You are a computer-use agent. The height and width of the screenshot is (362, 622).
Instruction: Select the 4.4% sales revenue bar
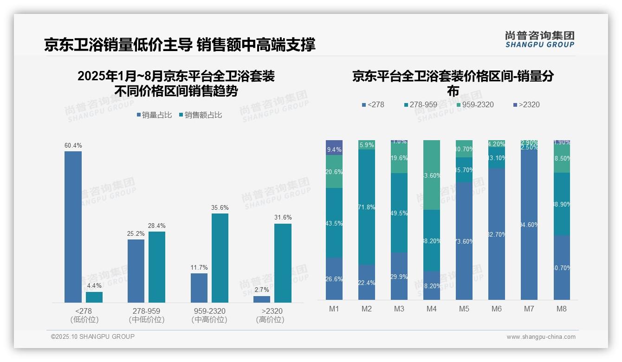94,297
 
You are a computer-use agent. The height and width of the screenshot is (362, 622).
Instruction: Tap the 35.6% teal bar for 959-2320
220,258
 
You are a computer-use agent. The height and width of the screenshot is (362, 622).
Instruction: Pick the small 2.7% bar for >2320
262,299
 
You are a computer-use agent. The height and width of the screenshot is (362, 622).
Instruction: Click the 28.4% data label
156,226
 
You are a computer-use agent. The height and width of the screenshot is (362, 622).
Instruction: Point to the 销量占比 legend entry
154,115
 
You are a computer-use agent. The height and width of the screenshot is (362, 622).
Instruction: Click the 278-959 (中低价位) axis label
146,315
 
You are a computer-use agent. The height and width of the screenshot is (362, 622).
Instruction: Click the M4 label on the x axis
431,309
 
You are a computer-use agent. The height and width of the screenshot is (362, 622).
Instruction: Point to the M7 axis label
529,309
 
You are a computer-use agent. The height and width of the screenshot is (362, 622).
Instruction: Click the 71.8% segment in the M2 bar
367,207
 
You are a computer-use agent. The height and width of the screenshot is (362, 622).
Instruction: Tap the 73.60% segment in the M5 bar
464,241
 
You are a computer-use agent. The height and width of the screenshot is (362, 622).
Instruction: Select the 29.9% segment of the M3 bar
399,276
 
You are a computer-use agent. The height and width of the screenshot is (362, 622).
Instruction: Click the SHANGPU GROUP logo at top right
539,39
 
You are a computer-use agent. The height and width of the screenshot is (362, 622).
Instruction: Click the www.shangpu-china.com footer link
541,337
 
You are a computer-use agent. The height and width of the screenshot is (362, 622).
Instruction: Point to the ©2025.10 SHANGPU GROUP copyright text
93,336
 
